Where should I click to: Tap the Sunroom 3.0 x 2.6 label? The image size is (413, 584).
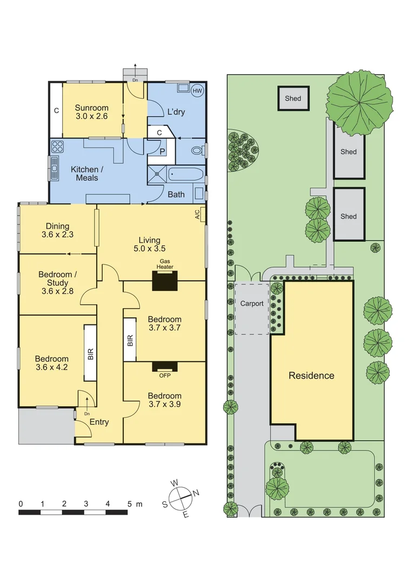(92, 112)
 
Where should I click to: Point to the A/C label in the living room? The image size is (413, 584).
(198, 215)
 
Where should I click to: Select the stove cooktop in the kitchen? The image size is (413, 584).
(57, 147)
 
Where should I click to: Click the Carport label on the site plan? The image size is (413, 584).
(252, 303)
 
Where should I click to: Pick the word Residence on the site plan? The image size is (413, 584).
(311, 375)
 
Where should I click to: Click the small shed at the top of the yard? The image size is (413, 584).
(293, 98)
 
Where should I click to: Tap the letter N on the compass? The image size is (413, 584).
(197, 492)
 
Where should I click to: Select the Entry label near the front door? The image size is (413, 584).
(99, 422)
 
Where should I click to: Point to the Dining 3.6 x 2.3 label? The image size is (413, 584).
(57, 230)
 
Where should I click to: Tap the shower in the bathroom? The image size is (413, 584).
(157, 175)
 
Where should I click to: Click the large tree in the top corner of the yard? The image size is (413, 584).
(359, 102)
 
